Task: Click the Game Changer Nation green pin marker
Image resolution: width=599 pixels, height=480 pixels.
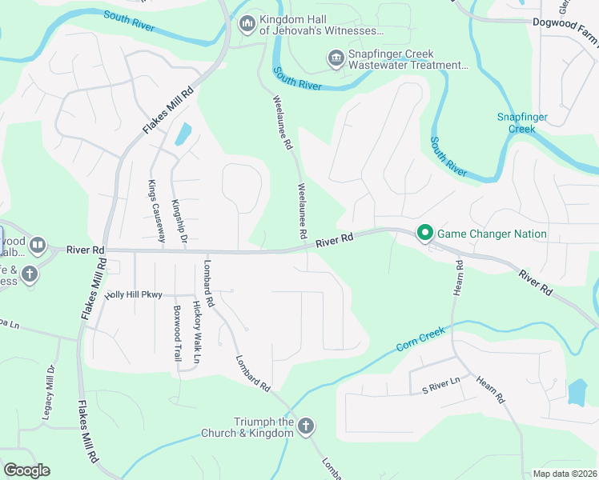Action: (x=424, y=234)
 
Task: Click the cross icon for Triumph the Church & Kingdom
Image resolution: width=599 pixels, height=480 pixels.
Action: (x=305, y=427)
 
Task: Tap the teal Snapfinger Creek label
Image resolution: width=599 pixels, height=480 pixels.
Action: (x=522, y=122)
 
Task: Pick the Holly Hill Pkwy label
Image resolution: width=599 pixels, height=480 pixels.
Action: (x=134, y=294)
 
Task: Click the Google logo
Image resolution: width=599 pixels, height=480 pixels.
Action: (x=26, y=470)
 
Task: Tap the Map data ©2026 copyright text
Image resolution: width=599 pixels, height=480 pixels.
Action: (x=565, y=474)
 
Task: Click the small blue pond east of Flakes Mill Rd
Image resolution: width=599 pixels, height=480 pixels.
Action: (x=183, y=134)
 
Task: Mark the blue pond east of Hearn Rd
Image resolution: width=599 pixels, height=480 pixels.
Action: (x=577, y=390)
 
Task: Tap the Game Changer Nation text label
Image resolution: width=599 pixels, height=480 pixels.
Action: (x=492, y=234)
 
